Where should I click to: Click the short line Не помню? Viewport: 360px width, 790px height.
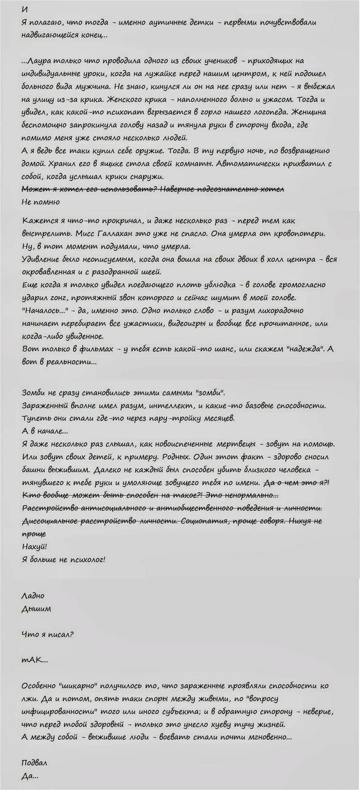click(42, 202)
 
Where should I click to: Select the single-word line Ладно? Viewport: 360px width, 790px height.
click(34, 596)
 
